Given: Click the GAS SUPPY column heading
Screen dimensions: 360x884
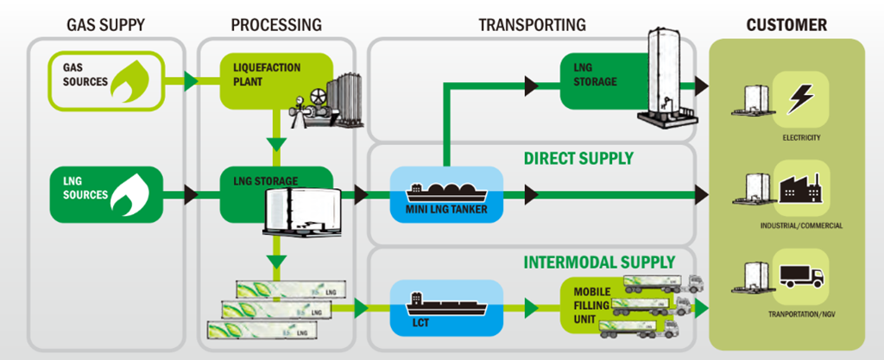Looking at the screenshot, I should click(105, 24).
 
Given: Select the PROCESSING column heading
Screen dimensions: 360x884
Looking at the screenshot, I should click(276, 24).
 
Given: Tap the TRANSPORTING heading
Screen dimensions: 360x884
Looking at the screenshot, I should click(532, 24).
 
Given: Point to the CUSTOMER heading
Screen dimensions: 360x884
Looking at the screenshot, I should click(786, 24).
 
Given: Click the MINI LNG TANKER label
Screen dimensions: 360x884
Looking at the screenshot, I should click(445, 207).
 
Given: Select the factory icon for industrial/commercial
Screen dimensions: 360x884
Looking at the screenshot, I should click(800, 186).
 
